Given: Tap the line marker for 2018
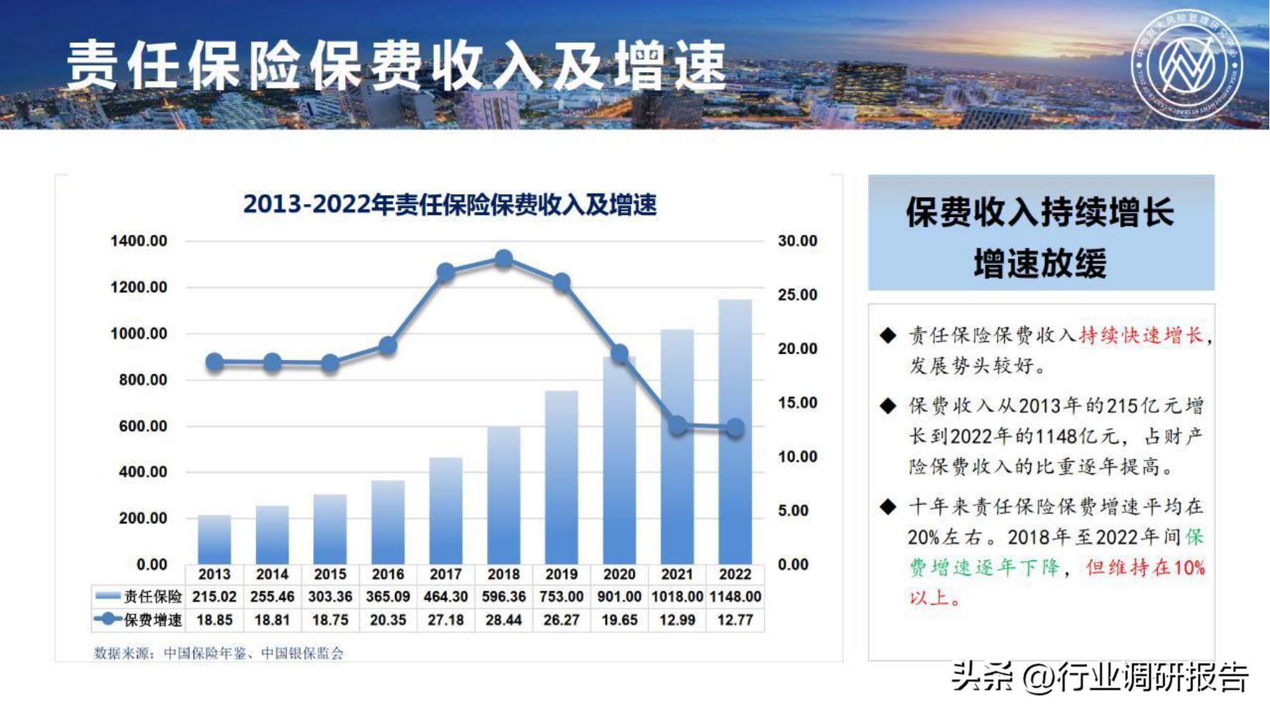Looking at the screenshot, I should tap(504, 258).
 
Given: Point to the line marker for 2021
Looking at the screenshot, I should tap(677, 426).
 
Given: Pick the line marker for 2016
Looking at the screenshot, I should tap(388, 346).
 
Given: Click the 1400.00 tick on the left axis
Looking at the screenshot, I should tap(139, 241).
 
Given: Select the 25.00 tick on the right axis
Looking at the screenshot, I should tap(797, 295).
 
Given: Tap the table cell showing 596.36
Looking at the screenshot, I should tap(504, 596).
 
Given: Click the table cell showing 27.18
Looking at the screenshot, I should tap(446, 620).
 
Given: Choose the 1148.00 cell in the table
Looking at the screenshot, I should tap(735, 596).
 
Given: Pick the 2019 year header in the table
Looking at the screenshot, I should tap(561, 574).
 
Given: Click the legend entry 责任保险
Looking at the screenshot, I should tap(139, 596).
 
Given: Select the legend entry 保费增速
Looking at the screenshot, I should tap(139, 620).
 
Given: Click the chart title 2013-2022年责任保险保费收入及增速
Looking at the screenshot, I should tap(450, 205).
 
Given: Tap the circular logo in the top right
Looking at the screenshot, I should tap(1187, 65).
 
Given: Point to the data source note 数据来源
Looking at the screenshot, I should tap(219, 653).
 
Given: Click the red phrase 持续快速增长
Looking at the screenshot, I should tap(1141, 335).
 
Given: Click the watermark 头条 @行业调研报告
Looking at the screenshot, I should tap(1101, 677).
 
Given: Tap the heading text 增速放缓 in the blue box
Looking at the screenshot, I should tap(1040, 263).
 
